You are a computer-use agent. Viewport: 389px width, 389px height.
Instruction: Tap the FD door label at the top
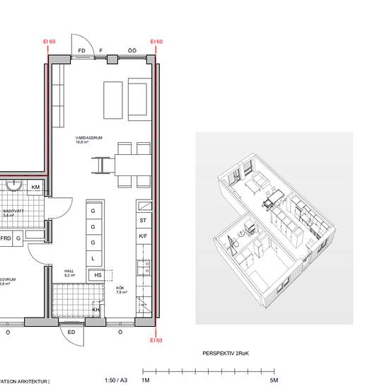coord(82,50)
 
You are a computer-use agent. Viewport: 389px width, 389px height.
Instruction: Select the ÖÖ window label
coord(132,50)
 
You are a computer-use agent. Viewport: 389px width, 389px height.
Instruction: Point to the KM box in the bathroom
coord(35,187)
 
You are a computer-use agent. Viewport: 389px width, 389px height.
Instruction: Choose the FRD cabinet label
coord(5,238)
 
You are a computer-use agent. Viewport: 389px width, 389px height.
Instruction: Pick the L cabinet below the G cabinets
coord(93,260)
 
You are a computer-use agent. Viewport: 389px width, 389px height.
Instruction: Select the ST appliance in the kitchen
coord(142,221)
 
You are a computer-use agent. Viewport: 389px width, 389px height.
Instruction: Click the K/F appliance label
coord(142,236)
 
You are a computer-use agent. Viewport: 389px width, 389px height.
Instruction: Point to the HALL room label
coord(69,269)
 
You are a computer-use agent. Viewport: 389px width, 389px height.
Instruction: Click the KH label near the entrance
coord(96,309)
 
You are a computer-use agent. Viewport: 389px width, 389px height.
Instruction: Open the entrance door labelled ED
coord(71,331)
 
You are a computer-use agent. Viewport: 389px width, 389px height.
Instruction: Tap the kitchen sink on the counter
coord(144,267)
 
